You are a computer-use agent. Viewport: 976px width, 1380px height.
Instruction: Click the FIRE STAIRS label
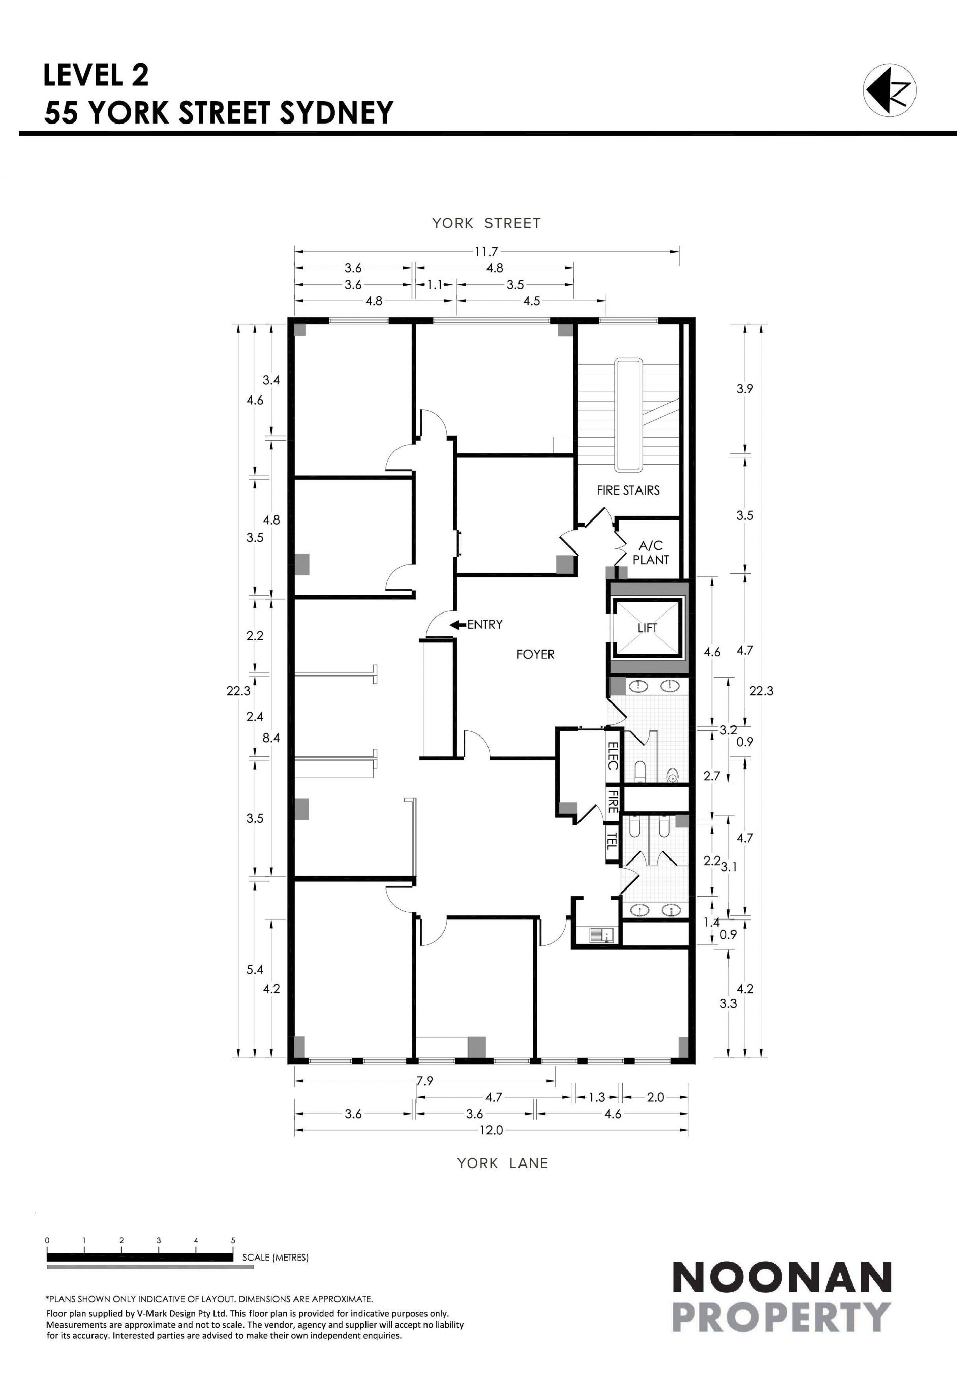[628, 490]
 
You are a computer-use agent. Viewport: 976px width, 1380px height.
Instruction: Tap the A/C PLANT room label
[651, 553]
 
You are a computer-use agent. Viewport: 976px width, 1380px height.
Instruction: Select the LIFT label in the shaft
[647, 628]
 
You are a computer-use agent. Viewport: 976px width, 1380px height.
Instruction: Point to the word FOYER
[535, 655]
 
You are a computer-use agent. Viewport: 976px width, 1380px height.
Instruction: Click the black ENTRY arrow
[459, 625]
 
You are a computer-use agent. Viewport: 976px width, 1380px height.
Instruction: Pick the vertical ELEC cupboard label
[613, 755]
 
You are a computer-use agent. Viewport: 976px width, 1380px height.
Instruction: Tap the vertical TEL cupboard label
[612, 839]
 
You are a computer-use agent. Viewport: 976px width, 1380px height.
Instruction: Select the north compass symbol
[890, 90]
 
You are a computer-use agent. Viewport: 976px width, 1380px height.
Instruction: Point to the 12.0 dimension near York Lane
[491, 1130]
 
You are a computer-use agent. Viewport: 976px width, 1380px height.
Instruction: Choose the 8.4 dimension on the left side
[271, 738]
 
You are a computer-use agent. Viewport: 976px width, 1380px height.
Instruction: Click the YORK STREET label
[486, 224]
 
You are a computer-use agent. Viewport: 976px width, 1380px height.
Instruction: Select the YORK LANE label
[502, 1163]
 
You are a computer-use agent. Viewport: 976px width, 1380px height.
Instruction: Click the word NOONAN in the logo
[781, 1279]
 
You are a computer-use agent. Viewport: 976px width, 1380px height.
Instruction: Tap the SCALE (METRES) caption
[275, 1258]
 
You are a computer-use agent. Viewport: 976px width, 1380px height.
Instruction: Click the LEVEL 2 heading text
[96, 75]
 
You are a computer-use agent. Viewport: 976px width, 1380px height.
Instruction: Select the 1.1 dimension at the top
[434, 285]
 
